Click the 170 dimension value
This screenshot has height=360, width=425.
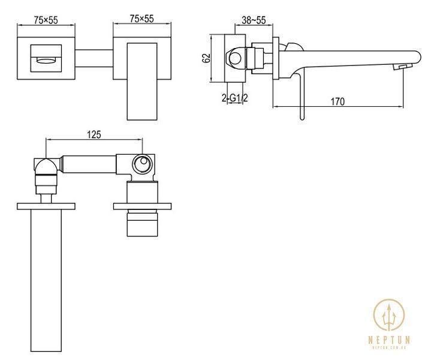[337, 102]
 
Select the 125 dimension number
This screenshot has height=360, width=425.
[94, 134]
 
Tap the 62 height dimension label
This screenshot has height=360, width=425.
[206, 58]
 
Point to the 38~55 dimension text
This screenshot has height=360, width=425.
[254, 20]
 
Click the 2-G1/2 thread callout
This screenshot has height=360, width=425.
[235, 98]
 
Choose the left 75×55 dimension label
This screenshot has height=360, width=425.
[46, 20]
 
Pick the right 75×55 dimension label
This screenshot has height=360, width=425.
[141, 19]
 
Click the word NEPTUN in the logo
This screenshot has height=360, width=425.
[389, 340]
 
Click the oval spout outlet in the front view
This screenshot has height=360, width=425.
[46, 60]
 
